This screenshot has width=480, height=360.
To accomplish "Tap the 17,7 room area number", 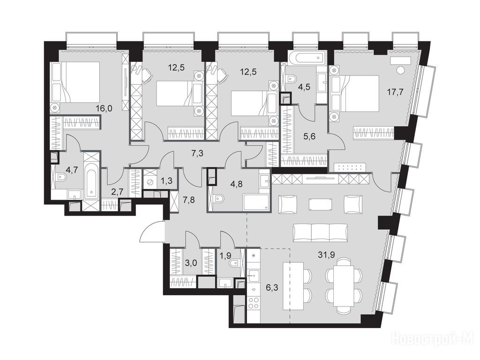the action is (x=394, y=92).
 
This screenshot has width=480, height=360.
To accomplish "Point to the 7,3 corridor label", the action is (x=198, y=153).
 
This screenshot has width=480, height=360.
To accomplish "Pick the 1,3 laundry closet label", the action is (x=166, y=181).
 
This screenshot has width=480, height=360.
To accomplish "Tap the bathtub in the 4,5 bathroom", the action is (x=307, y=57).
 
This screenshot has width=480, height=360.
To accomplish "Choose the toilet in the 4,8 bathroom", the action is (x=218, y=199).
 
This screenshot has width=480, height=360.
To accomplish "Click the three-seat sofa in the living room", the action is (x=321, y=232).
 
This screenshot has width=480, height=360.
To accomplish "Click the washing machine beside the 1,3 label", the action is (x=150, y=182).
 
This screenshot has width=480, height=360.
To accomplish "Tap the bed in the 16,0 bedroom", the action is (x=76, y=82).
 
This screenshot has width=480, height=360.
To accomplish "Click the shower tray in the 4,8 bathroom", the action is (x=256, y=202).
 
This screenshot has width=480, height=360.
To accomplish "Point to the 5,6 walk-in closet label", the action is (x=309, y=137).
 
